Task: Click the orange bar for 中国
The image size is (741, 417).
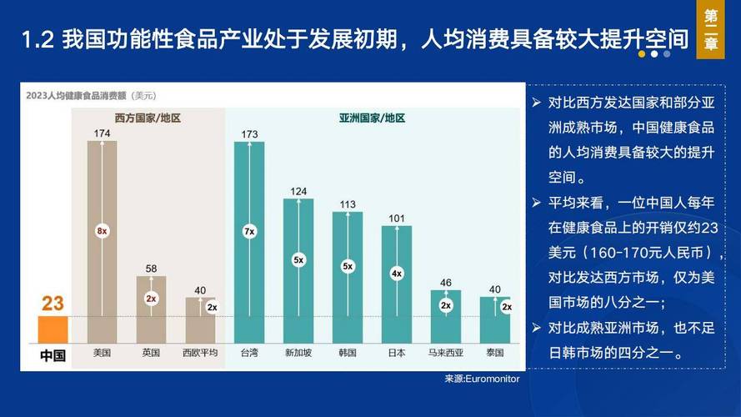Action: click(x=53, y=329)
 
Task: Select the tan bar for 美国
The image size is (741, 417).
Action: click(x=102, y=242)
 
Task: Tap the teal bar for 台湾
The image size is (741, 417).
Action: click(x=249, y=242)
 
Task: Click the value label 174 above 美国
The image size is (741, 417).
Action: click(x=103, y=133)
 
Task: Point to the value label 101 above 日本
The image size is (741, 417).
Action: click(x=397, y=219)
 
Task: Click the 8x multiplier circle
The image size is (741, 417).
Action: click(x=102, y=230)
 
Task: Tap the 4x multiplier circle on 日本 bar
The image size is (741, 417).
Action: click(x=397, y=273)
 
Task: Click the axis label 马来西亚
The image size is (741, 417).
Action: click(x=446, y=353)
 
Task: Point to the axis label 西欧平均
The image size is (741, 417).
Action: click(x=200, y=353)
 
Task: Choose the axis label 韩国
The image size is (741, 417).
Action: click(x=348, y=353)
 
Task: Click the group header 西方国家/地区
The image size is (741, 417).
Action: click(x=148, y=118)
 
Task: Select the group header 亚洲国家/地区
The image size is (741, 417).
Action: click(x=372, y=118)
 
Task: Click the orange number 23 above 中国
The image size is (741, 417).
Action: click(x=53, y=304)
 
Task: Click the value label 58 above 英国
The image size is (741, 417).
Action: click(x=151, y=269)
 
